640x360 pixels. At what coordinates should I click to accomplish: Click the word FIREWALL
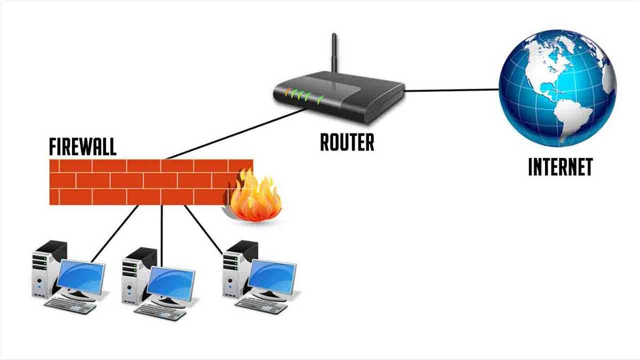coord(82,146)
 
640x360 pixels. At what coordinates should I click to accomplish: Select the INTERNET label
coord(560,167)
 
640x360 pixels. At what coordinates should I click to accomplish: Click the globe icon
coord(557,88)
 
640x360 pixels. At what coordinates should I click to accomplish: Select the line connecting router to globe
coord(453,90)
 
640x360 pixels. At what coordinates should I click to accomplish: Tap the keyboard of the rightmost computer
coord(261,305)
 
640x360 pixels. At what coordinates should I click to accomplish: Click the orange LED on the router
coord(287,92)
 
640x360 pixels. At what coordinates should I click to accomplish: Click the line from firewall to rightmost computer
coord(203,229)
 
